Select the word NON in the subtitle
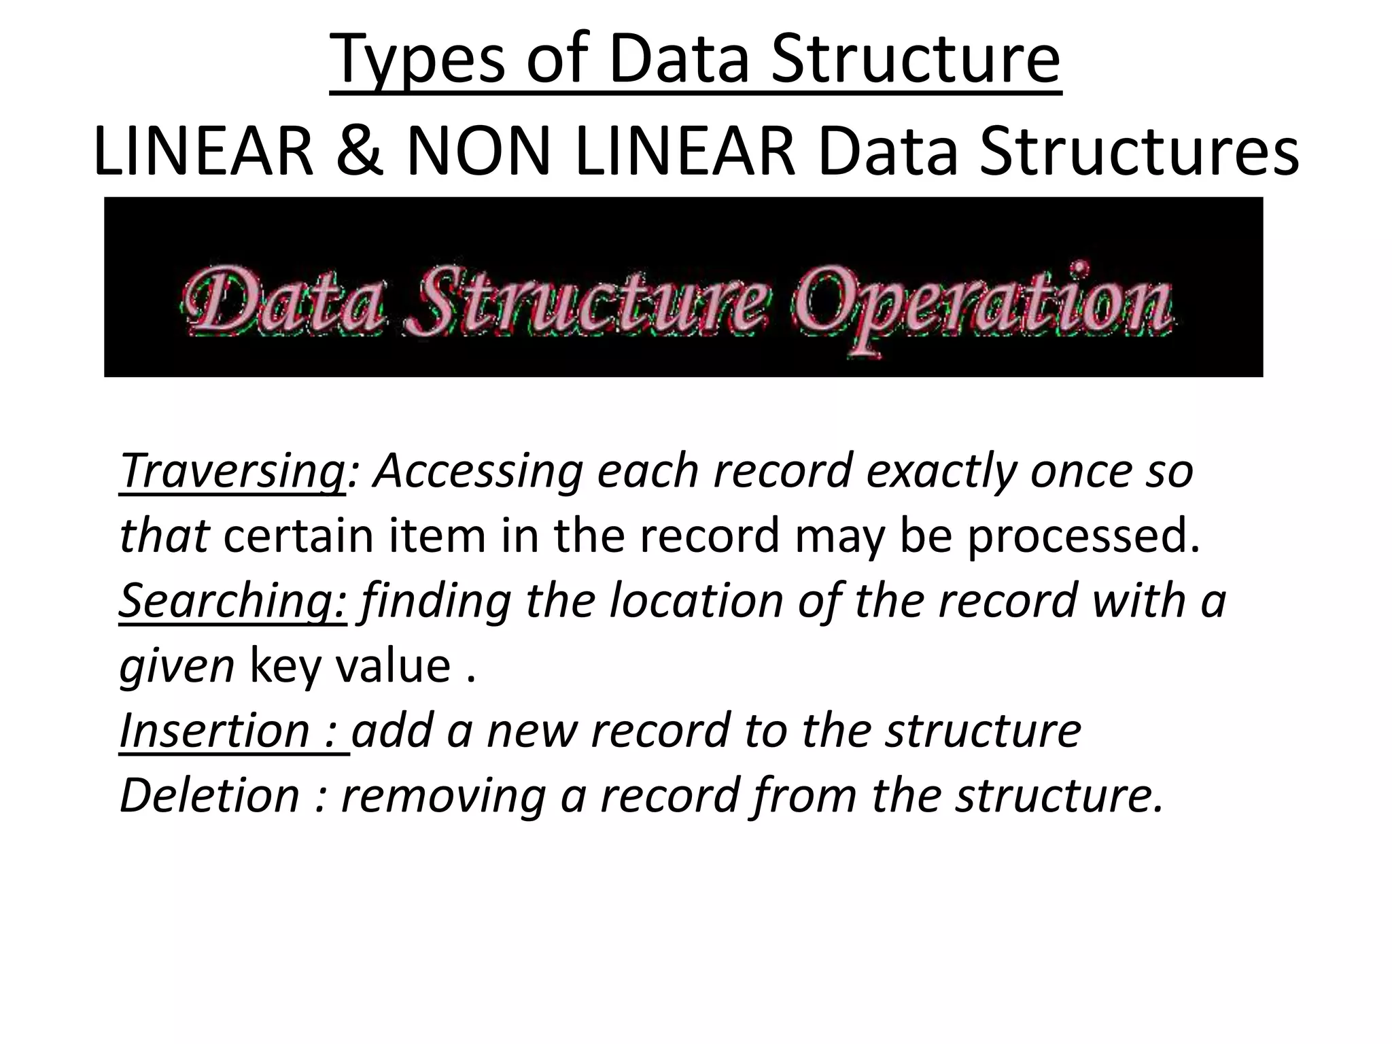click(478, 153)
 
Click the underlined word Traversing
click(232, 470)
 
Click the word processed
click(1083, 536)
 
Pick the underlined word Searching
click(233, 601)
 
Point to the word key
click(285, 666)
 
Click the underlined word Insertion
click(214, 731)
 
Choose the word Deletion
click(209, 795)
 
